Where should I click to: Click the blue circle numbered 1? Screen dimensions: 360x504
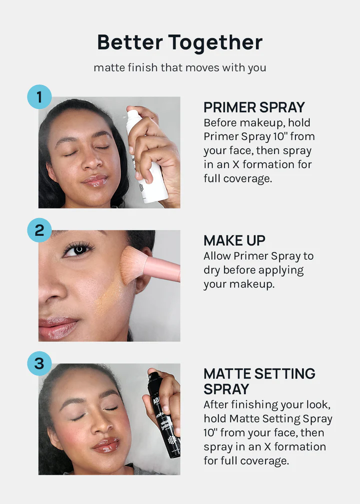(39, 97)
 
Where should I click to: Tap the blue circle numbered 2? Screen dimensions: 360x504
(39, 230)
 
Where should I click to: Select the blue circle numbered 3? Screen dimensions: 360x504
(39, 363)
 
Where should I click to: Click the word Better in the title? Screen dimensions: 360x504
(130, 42)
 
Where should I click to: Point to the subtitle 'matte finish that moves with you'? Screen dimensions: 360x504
(179, 68)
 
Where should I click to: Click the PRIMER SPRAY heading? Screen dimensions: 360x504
(254, 107)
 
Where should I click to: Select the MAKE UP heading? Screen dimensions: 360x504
(234, 240)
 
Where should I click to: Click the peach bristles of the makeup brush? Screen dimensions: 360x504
(133, 265)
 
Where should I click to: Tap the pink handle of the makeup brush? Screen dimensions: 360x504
(162, 268)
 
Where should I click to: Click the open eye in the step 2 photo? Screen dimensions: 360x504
(78, 249)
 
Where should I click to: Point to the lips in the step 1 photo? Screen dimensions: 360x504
(95, 181)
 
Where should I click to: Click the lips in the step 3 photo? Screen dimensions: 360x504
(106, 445)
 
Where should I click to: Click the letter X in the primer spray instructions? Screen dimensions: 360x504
(236, 164)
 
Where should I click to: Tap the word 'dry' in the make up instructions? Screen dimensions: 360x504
(211, 270)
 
